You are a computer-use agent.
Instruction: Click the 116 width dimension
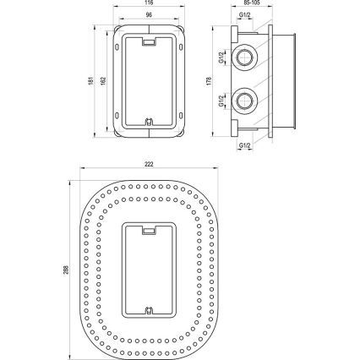click(149, 4)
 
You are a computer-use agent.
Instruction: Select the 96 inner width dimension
click(149, 14)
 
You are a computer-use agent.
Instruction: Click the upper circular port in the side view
click(245, 60)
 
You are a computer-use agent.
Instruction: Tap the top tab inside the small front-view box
click(150, 40)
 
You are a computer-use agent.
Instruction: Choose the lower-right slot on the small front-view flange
click(182, 116)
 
